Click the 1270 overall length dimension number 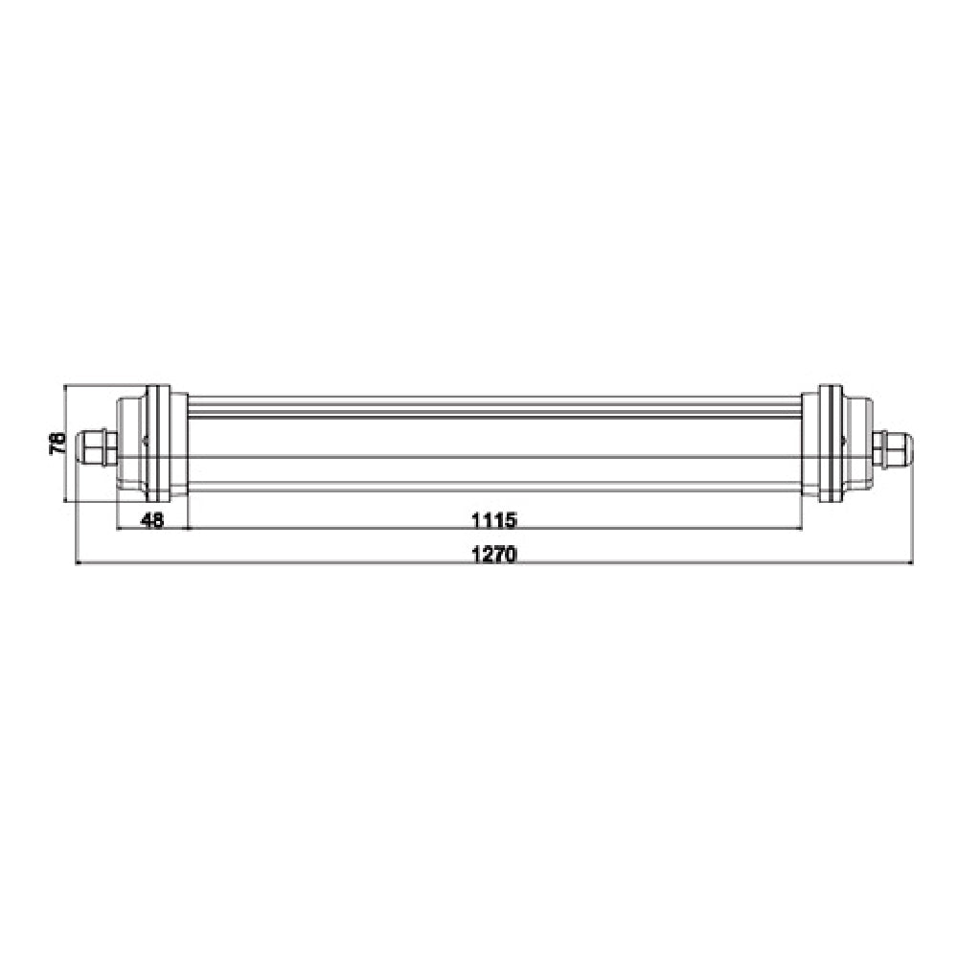pos(493,554)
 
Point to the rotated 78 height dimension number pos(57,443)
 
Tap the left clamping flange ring pos(159,443)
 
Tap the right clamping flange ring pos(830,443)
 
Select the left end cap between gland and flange pos(130,443)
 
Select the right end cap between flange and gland pos(858,443)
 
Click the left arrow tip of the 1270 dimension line pos(78,564)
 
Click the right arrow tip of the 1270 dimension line pos(911,564)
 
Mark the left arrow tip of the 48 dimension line pos(117,529)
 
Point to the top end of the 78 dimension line pos(64,387)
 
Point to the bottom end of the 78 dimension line pos(64,500)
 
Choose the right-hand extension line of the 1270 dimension pos(911,508)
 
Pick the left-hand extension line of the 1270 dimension pos(78,508)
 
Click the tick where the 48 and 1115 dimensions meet pos(189,529)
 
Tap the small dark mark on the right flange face pos(842,442)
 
